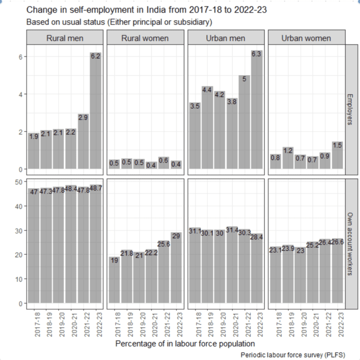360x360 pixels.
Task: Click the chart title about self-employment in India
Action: coord(146,10)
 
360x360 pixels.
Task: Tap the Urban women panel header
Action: coord(306,38)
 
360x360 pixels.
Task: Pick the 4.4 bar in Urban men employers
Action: coord(207,127)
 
